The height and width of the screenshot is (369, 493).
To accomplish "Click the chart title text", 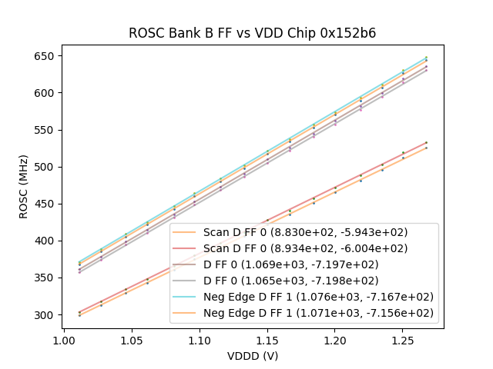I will pos(252,33).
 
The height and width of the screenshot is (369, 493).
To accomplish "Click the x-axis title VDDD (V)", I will pos(252,356).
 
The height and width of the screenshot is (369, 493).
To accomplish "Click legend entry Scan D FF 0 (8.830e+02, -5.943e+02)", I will pos(305,232).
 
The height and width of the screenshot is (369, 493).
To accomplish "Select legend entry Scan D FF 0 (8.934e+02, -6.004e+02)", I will pos(305,248).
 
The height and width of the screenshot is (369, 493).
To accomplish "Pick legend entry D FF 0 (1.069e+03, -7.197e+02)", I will pos(291,264).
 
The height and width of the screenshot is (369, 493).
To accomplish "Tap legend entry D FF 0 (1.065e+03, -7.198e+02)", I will pos(291,281).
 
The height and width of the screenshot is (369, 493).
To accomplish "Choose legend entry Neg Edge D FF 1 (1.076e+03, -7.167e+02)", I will pos(318,297).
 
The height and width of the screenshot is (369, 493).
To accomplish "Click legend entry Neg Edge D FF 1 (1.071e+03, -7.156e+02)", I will pos(318,313).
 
